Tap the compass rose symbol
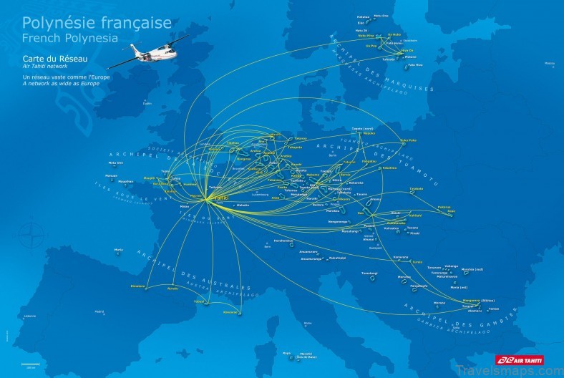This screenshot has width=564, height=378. [x=30, y=233]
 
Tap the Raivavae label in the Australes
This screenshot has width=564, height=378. [x=230, y=311]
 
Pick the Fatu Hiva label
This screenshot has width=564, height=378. [x=415, y=64]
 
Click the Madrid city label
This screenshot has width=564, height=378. [x=99, y=311]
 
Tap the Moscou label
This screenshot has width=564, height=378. [x=549, y=64]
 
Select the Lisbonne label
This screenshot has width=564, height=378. [x=30, y=316]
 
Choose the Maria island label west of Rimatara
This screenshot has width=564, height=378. [x=118, y=249]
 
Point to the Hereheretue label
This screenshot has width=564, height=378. [x=283, y=241]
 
